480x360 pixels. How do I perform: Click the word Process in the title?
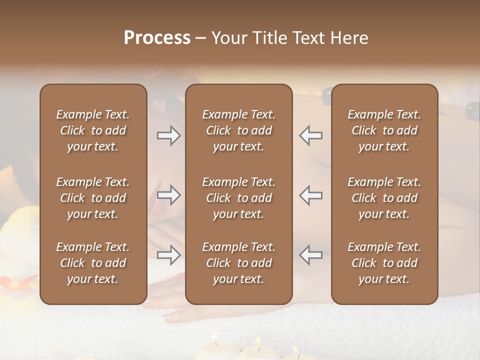(157, 37)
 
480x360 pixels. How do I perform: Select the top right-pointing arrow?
(169, 135)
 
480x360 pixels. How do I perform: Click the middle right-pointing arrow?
(169, 195)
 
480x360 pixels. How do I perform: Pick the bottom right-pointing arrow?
(169, 255)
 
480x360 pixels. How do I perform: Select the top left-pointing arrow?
(310, 135)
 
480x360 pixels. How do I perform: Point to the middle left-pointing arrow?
(310, 195)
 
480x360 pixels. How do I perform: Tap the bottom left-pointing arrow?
(310, 255)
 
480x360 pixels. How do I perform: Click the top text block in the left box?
(93, 130)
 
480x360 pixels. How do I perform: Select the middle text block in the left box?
(93, 198)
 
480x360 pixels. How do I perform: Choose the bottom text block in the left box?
(93, 263)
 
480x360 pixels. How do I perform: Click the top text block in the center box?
(238, 130)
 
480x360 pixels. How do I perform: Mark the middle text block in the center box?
(238, 198)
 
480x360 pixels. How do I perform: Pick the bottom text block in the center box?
(238, 263)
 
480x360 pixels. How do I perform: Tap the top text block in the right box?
(384, 130)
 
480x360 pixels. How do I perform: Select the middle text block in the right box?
(384, 198)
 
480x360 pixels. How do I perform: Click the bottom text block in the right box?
(384, 263)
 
